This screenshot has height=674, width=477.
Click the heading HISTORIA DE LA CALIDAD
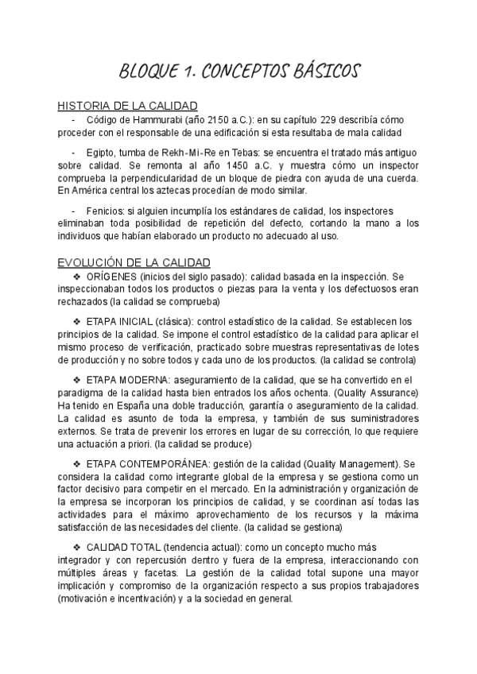click(x=128, y=106)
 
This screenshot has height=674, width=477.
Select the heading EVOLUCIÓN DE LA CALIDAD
click(x=134, y=262)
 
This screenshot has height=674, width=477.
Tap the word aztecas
click(x=192, y=192)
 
